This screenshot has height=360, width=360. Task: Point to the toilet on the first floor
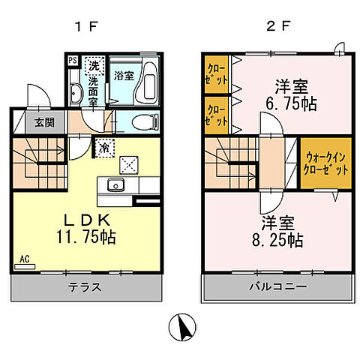coord(142,122)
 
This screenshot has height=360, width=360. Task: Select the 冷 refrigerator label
coord(102,147)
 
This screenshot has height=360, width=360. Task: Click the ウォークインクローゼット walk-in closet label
coord(326,164)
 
